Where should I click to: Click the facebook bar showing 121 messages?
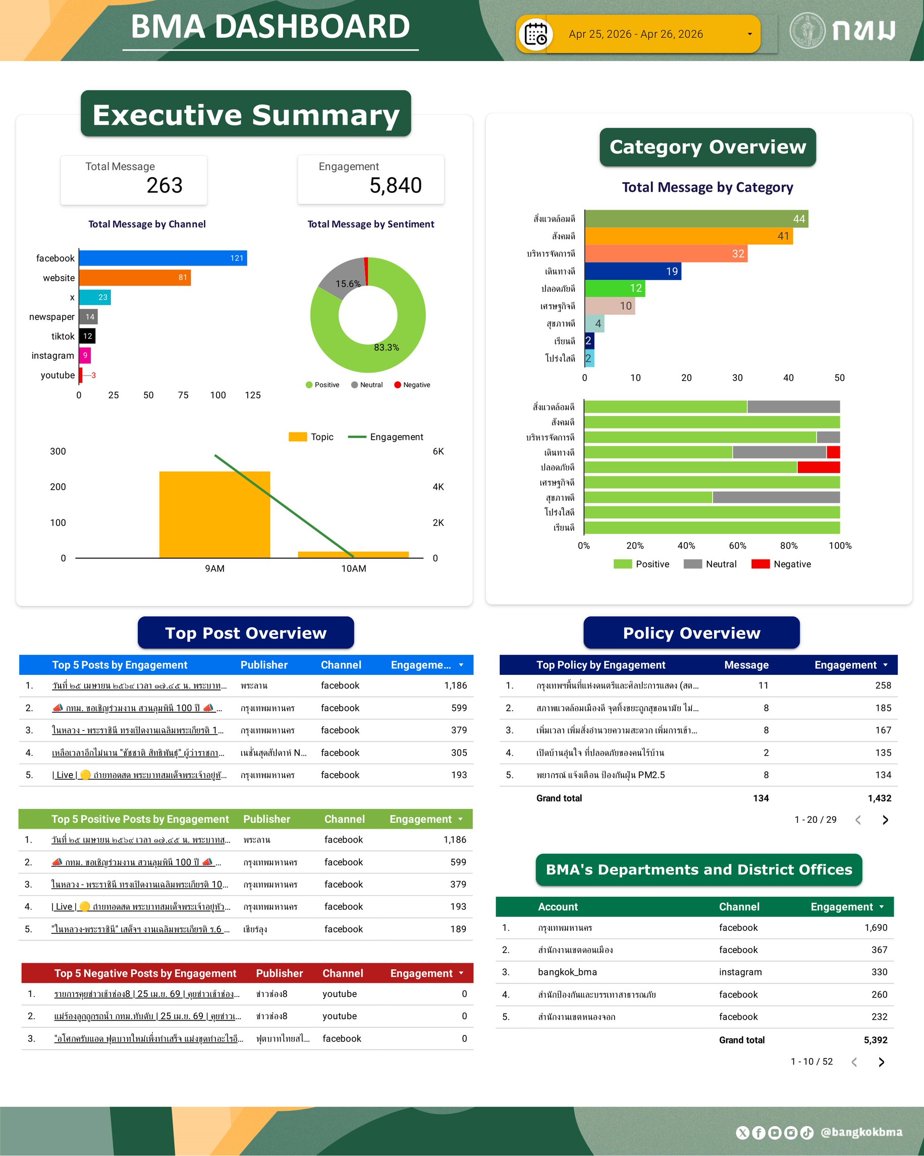162,258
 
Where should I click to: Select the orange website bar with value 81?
135,278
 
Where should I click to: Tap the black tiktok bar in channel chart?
87,336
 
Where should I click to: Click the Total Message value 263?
165,186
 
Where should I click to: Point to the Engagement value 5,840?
396,186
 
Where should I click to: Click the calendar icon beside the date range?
535,34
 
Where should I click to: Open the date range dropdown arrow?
749,34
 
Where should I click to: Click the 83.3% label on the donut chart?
387,347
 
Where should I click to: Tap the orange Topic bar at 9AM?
214,514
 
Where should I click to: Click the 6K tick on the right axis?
438,451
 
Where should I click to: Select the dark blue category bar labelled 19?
632,271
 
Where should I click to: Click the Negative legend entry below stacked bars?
781,564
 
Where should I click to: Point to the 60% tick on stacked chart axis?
737,546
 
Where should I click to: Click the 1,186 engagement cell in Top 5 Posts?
455,686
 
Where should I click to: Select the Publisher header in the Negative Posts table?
279,973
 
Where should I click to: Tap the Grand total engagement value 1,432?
879,799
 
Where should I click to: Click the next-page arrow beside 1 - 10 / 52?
882,1062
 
